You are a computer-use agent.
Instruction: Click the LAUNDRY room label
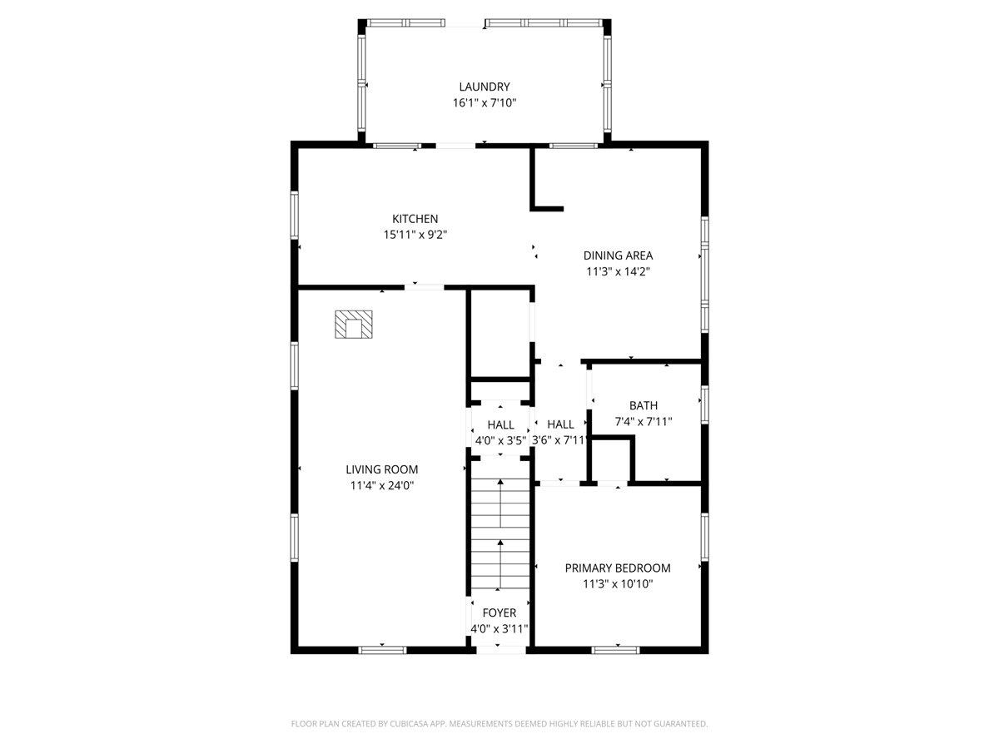pos(484,87)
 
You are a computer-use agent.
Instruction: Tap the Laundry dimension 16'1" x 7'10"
pos(484,103)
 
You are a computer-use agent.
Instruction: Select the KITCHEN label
pos(415,219)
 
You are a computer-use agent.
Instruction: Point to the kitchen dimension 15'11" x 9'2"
pos(415,235)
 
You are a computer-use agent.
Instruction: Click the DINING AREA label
pos(618,255)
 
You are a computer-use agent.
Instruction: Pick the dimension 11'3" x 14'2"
pos(618,271)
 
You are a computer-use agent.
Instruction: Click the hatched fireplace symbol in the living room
pos(355,325)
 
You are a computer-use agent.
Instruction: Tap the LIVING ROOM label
pos(382,469)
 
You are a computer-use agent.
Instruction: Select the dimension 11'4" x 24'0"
pos(382,485)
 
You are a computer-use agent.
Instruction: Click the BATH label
pos(644,405)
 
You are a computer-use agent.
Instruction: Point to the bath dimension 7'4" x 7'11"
pos(644,421)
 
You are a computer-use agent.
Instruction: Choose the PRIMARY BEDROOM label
pos(618,568)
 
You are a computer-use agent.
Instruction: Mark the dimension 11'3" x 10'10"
pos(618,584)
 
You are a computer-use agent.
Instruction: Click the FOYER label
pos(499,613)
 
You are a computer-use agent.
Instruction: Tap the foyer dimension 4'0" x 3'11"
pos(499,629)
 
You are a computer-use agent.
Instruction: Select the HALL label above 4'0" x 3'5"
pos(500,424)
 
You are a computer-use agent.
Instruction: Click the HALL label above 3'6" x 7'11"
pos(560,424)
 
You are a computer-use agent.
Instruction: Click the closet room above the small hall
pos(499,333)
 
